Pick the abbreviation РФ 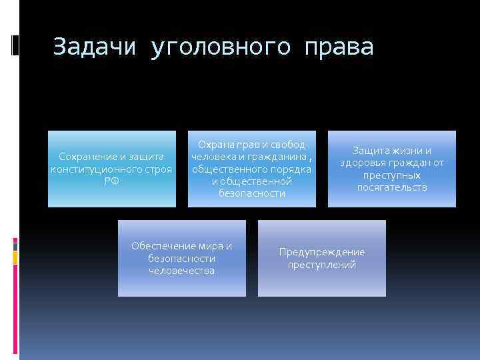coord(111,181)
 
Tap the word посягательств coord(391,187)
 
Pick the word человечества coord(181,270)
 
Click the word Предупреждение coord(322,252)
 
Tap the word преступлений coord(322,264)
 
